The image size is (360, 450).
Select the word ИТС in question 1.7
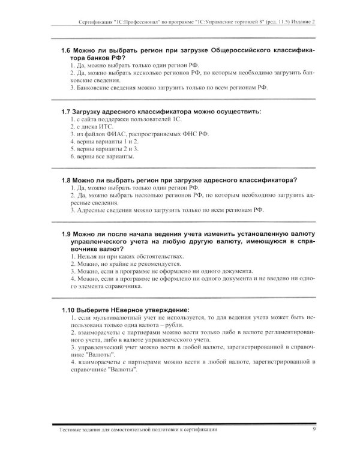[x=107, y=128]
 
